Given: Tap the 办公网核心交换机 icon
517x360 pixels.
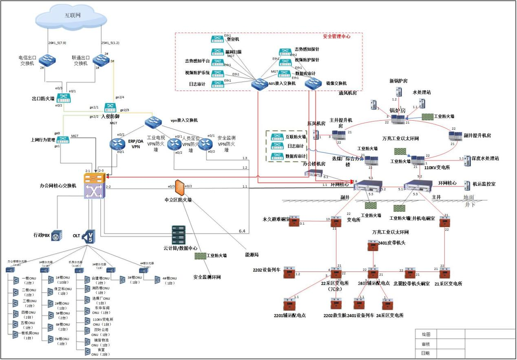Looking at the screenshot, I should (95, 186).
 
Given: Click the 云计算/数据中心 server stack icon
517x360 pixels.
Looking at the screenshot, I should (179, 234).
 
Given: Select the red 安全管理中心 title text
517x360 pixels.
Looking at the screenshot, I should (336, 36).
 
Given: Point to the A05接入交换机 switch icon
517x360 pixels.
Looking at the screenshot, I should (258, 84).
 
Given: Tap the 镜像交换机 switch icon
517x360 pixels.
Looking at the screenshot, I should (313, 83).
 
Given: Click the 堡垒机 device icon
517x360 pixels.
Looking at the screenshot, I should (217, 40).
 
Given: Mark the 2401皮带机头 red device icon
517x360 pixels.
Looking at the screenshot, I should (372, 245).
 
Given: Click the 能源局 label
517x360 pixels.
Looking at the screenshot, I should (251, 255).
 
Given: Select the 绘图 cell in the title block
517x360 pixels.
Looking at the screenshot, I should (426, 334).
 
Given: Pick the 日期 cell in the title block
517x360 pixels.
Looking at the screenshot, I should (426, 353).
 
